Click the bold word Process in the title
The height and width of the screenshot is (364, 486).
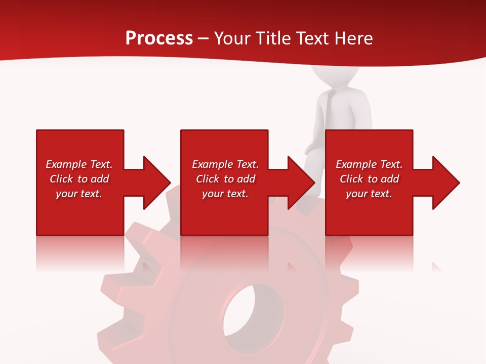[x=159, y=38]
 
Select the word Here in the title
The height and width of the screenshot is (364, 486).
[x=354, y=38]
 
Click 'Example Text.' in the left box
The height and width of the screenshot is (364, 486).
[x=79, y=164]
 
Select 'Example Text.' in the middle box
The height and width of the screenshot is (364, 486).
[x=225, y=164]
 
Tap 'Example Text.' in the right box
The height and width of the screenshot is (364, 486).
[x=369, y=164]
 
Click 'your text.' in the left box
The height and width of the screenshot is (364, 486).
[x=79, y=194]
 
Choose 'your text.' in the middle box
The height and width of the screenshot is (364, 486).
[x=225, y=194]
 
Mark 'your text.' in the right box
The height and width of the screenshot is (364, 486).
[x=369, y=194]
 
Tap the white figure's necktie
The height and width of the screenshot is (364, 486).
[x=329, y=111]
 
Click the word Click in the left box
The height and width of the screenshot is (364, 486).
[x=62, y=179]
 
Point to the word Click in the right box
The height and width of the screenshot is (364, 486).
[x=352, y=179]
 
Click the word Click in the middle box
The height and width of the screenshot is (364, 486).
[x=208, y=179]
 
